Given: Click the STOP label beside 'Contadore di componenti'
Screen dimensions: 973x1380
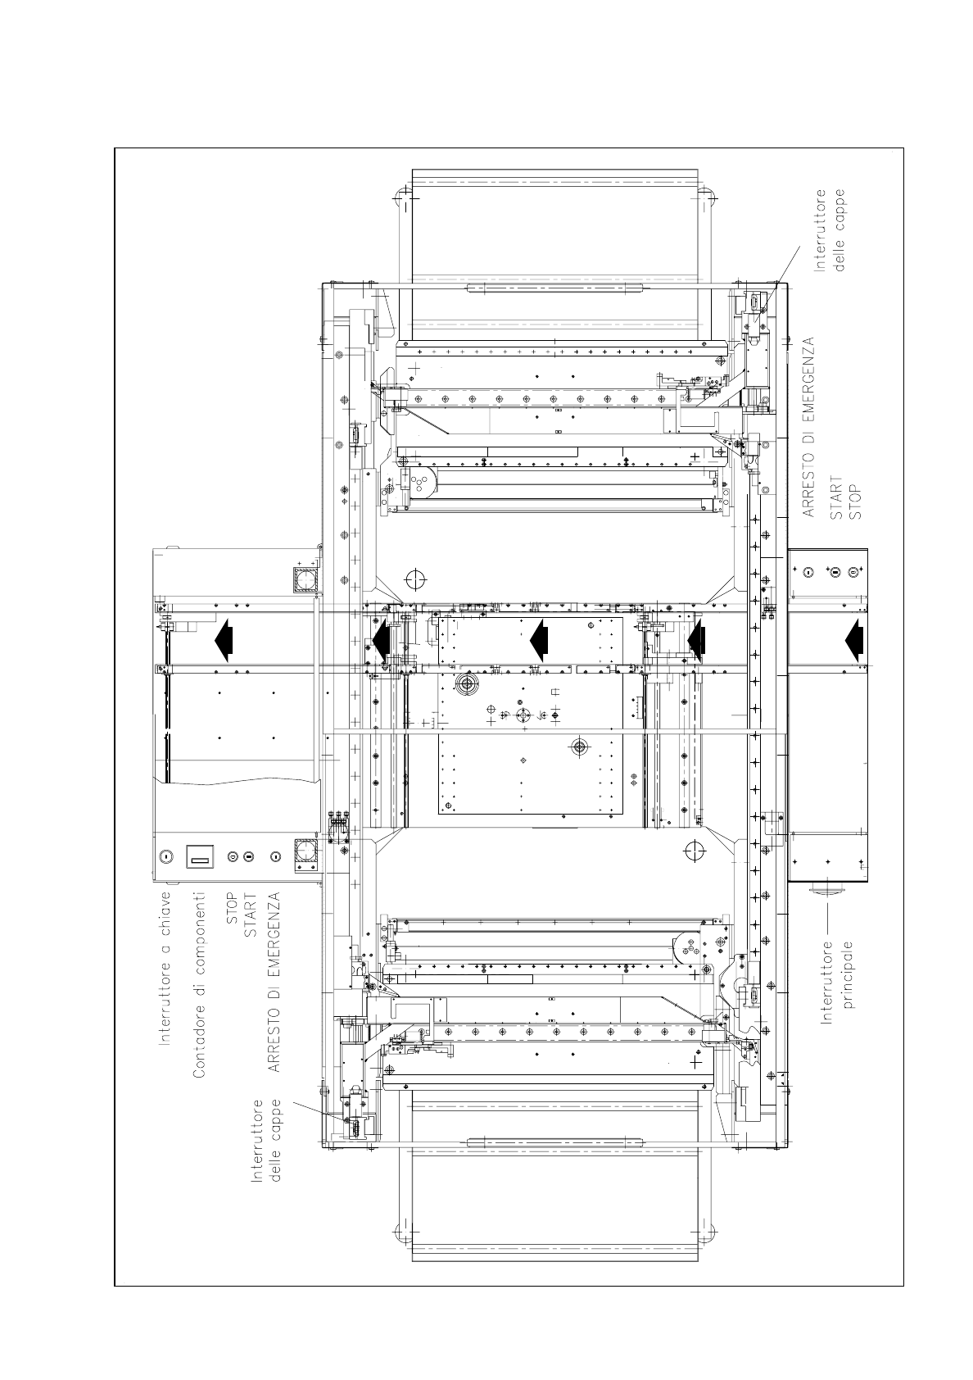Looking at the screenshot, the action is click(x=232, y=908).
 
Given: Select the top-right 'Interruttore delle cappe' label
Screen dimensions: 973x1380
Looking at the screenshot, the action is click(x=829, y=230).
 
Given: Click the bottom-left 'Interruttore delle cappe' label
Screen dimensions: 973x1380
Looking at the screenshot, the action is click(x=266, y=1141).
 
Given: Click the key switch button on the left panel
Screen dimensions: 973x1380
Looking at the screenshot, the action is click(x=165, y=856).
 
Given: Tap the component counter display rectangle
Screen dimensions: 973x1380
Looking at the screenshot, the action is click(x=200, y=856).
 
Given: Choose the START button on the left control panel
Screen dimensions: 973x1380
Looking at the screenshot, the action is click(x=248, y=856).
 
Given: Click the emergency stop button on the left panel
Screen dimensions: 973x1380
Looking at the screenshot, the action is click(x=275, y=856).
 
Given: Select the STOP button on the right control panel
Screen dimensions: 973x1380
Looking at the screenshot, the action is click(x=853, y=572).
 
